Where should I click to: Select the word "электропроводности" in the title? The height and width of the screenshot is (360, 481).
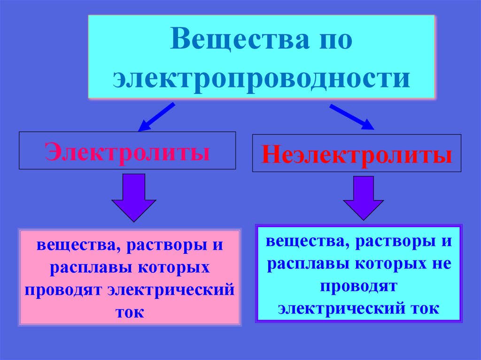261,77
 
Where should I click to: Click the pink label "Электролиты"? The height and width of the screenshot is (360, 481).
127,152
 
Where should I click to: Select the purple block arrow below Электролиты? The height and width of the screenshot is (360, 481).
133,197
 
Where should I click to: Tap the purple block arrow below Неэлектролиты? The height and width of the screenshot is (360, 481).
363,197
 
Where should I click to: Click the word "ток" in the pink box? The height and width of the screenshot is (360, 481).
129,312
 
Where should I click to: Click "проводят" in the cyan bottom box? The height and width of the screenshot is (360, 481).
359,286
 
